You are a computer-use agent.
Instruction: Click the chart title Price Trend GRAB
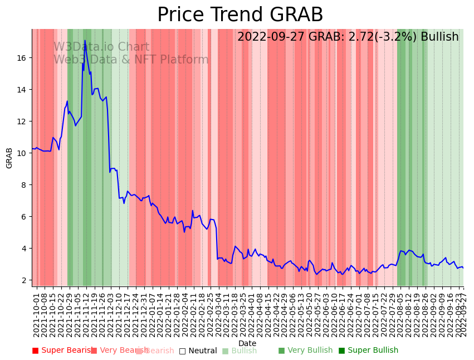(240, 15)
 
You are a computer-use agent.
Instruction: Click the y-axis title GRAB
(9, 158)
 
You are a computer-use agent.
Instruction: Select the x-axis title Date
(247, 344)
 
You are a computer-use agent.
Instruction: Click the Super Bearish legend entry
(63, 351)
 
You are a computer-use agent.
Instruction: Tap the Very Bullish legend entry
(305, 351)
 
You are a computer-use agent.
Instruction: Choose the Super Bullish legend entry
(368, 351)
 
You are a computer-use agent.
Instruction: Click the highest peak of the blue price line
(85, 41)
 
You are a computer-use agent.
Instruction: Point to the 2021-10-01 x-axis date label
(36, 315)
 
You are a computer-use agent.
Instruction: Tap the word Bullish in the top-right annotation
(439, 37)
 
